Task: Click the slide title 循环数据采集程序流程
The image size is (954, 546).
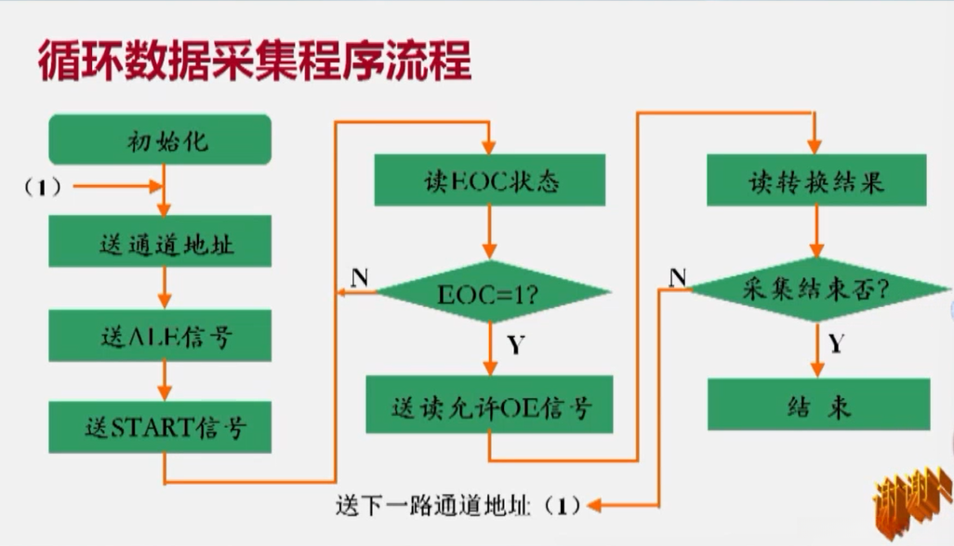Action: (254, 61)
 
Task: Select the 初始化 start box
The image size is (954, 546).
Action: (160, 142)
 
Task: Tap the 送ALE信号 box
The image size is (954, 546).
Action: (160, 335)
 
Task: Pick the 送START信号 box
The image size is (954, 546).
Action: (160, 427)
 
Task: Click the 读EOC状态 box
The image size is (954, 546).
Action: (489, 180)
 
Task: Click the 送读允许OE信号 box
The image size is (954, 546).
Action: (489, 405)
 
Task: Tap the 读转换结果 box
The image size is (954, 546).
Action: (816, 180)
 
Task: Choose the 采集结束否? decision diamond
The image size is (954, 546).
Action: (816, 289)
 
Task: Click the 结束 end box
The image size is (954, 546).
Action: (817, 405)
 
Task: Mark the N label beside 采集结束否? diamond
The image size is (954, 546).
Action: (678, 275)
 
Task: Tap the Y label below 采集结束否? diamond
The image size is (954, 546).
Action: (836, 345)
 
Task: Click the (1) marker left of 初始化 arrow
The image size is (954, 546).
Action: (43, 187)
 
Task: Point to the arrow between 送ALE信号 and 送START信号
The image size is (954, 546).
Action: (163, 381)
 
